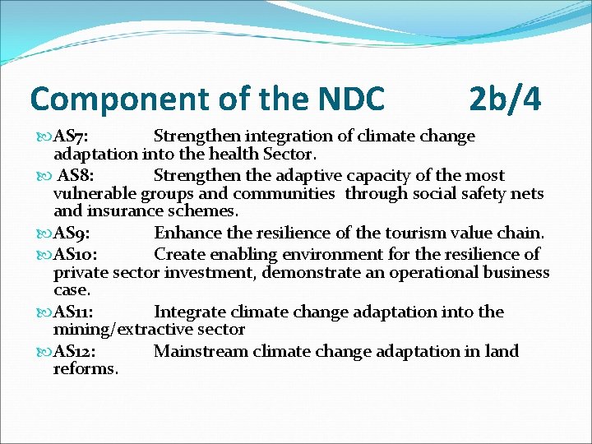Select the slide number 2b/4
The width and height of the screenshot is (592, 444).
(x=505, y=99)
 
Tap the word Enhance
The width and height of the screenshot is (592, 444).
(x=186, y=234)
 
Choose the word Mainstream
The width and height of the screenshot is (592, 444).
(x=201, y=352)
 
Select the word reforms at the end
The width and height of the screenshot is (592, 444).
(x=86, y=369)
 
